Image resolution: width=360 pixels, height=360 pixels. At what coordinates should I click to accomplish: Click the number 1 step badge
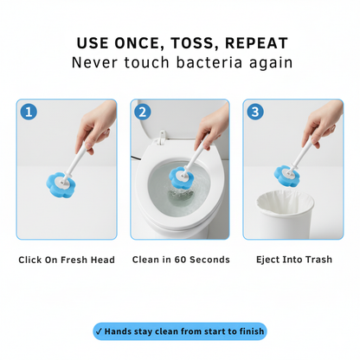click(x=29, y=112)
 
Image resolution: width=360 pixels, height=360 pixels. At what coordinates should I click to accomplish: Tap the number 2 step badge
click(x=144, y=112)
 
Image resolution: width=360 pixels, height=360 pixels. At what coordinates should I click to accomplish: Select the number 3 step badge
click(x=256, y=112)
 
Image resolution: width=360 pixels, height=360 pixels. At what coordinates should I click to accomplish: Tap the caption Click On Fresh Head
click(x=66, y=260)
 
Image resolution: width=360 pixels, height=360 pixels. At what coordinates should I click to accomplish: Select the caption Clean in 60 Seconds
click(x=180, y=260)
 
